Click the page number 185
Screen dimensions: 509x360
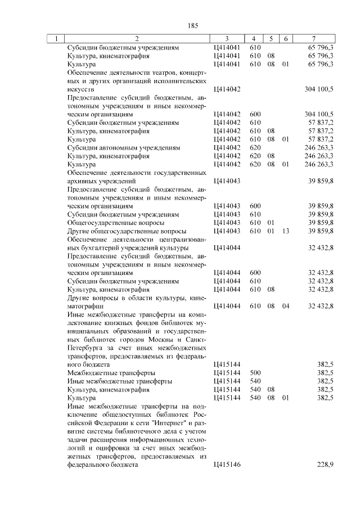[x=192, y=25]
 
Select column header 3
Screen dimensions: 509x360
[x=226, y=39]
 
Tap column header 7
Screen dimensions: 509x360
[x=313, y=39]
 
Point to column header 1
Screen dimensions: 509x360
[x=56, y=39]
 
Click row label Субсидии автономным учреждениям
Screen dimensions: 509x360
[x=123, y=147]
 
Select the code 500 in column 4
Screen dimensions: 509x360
[x=254, y=372]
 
